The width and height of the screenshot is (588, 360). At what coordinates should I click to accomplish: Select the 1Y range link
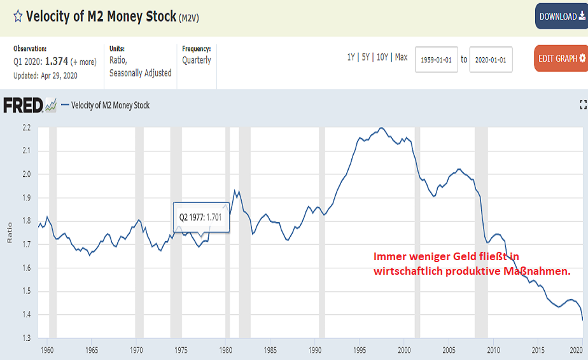click(x=351, y=57)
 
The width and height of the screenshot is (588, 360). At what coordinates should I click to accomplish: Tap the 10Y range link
click(x=382, y=57)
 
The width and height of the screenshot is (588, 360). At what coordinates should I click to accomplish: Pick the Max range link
click(x=401, y=57)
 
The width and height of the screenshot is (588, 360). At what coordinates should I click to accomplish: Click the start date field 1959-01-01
click(x=436, y=59)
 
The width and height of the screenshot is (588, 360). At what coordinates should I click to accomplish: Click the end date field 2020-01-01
click(x=491, y=59)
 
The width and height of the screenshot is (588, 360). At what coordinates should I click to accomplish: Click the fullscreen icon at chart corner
click(x=582, y=104)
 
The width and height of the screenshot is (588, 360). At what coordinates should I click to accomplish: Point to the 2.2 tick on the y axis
click(x=26, y=128)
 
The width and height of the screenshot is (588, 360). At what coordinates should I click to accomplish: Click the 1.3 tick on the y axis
click(x=26, y=338)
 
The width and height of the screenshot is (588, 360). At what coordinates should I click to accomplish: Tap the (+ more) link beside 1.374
click(x=83, y=62)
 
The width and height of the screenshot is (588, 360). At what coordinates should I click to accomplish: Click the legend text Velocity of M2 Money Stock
click(x=110, y=105)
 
